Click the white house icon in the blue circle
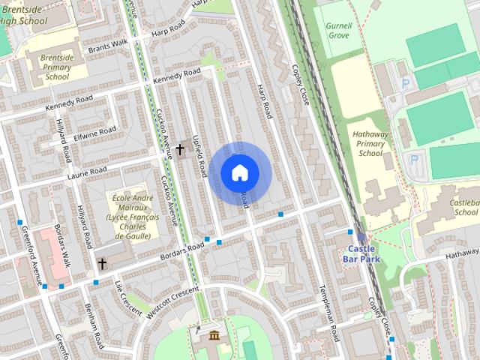pyautogui.click(x=239, y=173)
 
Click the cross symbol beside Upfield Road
pyautogui.click(x=180, y=150)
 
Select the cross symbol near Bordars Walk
pyautogui.click(x=102, y=263)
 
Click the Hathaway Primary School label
pyautogui.click(x=370, y=142)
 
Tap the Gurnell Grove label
pyautogui.click(x=338, y=30)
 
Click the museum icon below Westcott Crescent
pyautogui.click(x=214, y=334)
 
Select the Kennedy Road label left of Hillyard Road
pyautogui.click(x=69, y=103)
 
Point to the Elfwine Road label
pyautogui.click(x=96, y=134)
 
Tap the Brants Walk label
pyautogui.click(x=109, y=48)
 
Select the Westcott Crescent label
pyautogui.click(x=174, y=301)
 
